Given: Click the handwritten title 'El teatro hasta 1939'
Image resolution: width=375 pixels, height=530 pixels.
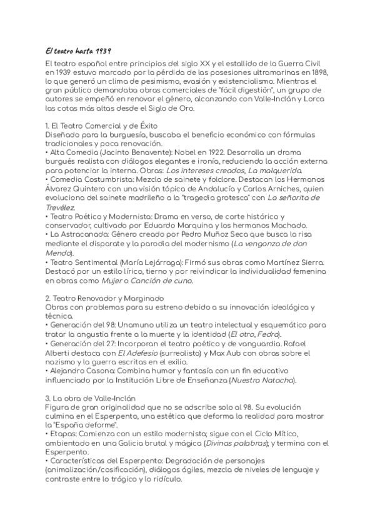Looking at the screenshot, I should click(x=79, y=50).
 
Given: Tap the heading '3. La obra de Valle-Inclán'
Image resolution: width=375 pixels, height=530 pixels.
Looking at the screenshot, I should click(x=95, y=398).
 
